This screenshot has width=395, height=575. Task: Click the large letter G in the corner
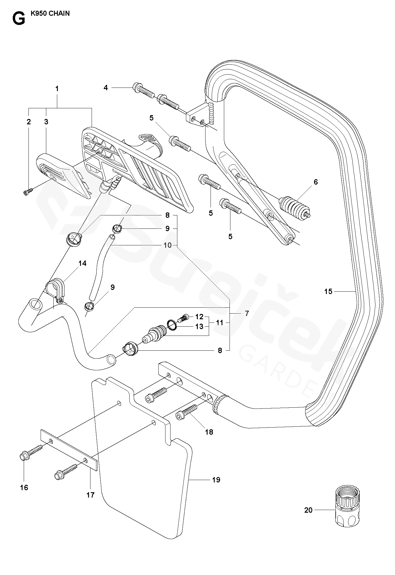tap(19, 18)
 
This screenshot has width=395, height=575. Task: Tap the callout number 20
tap(308, 510)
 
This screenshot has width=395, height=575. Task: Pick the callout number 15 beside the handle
tap(328, 291)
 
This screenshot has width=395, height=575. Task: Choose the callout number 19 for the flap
tap(216, 480)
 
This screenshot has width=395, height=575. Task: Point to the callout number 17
tap(90, 495)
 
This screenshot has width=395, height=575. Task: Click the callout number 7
tap(247, 313)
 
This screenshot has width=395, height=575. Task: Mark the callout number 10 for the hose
tap(168, 245)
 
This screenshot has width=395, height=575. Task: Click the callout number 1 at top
tap(57, 88)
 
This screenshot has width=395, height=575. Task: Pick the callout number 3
tap(46, 122)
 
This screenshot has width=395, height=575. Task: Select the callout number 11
tap(219, 322)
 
